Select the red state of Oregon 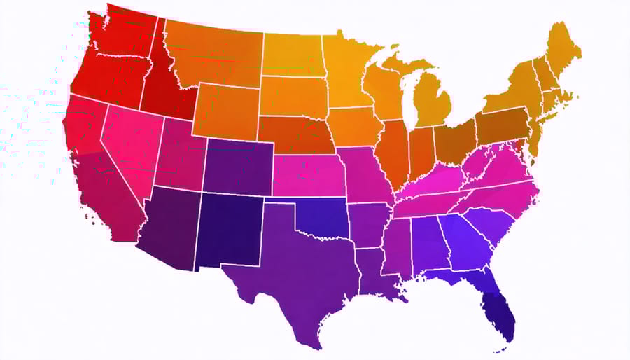[x=105, y=77]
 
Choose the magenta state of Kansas [x=308, y=175]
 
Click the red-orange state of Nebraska [x=294, y=137]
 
